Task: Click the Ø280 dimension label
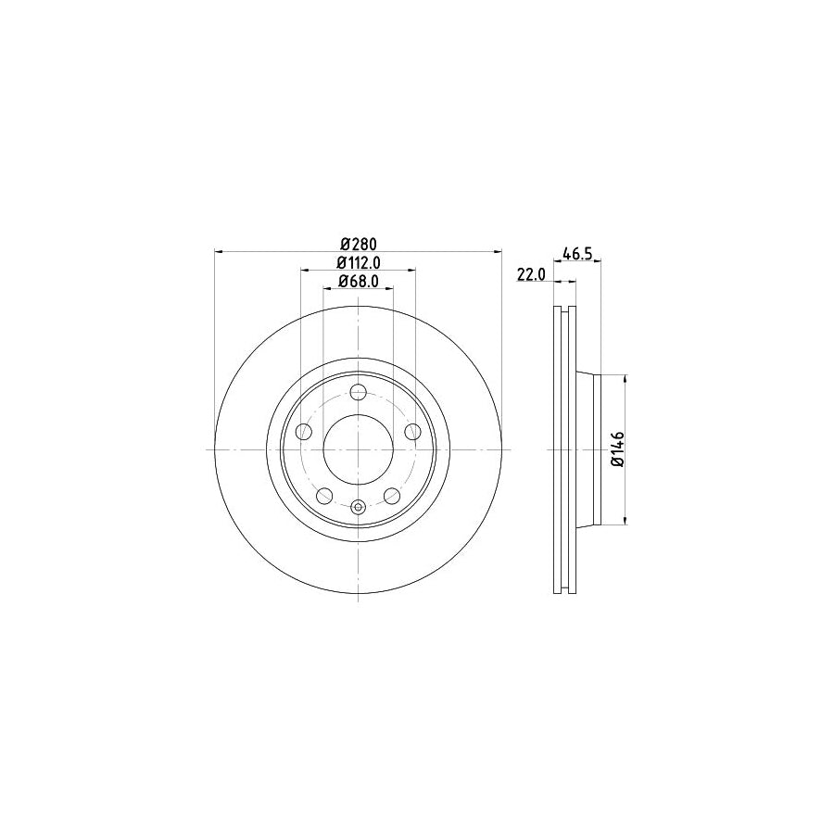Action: pos(357,244)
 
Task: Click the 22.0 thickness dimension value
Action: pos(530,274)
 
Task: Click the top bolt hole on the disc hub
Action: pos(358,392)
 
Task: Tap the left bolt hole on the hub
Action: pos(302,432)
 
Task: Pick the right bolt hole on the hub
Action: pos(413,432)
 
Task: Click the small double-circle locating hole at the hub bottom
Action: pos(358,507)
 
